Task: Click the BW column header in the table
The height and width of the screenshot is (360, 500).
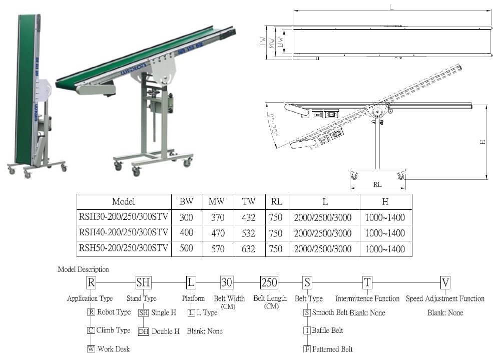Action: [187, 201]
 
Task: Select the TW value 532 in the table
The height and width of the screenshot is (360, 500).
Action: [248, 233]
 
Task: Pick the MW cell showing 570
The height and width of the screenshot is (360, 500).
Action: [218, 249]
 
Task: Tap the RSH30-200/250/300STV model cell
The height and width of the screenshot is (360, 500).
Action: [124, 217]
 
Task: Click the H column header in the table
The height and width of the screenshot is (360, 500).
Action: [385, 201]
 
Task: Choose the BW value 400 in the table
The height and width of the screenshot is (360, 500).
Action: [187, 232]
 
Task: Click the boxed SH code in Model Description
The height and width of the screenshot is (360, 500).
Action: [143, 282]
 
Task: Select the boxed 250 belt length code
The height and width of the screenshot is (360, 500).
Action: [269, 282]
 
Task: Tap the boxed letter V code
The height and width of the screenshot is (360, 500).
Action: [445, 282]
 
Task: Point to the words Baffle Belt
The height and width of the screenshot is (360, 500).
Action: [327, 330]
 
